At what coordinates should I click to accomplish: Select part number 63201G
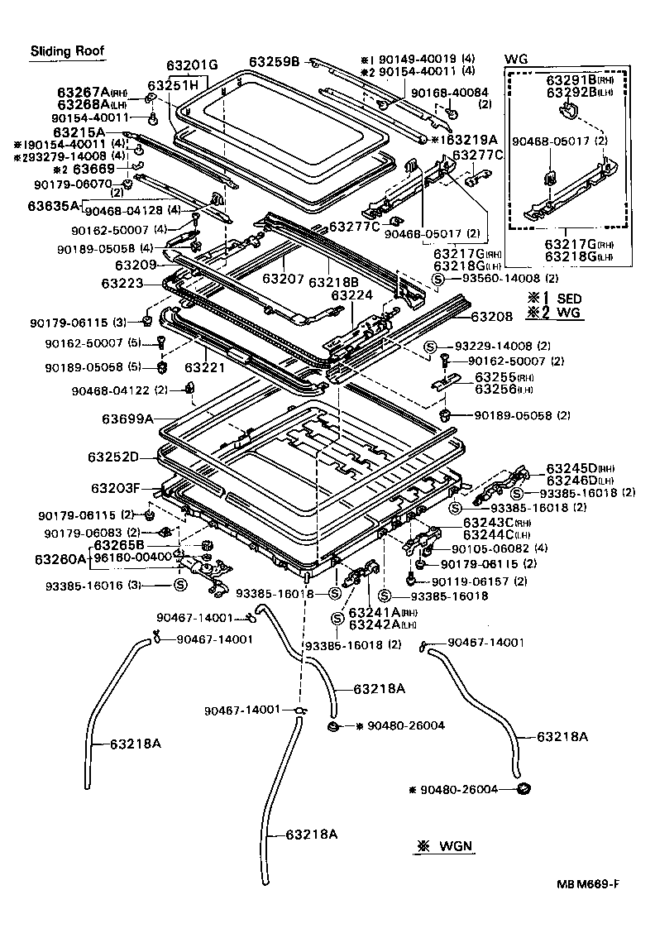coord(191,65)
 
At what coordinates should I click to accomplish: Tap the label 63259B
coord(277,61)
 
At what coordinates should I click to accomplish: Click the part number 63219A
coord(468,139)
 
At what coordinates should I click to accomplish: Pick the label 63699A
coord(126,419)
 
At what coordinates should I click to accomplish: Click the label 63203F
coord(117,488)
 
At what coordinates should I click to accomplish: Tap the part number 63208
coord(492,316)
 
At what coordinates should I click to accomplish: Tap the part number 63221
coord(200,365)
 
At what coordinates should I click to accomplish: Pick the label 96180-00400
coord(132,557)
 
